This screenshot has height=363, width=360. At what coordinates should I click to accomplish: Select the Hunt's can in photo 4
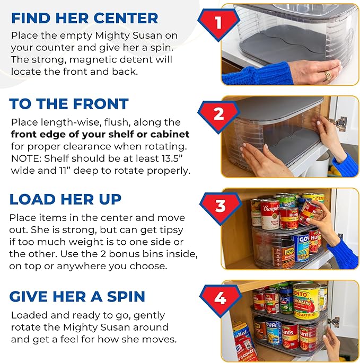[x=289, y=334]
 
